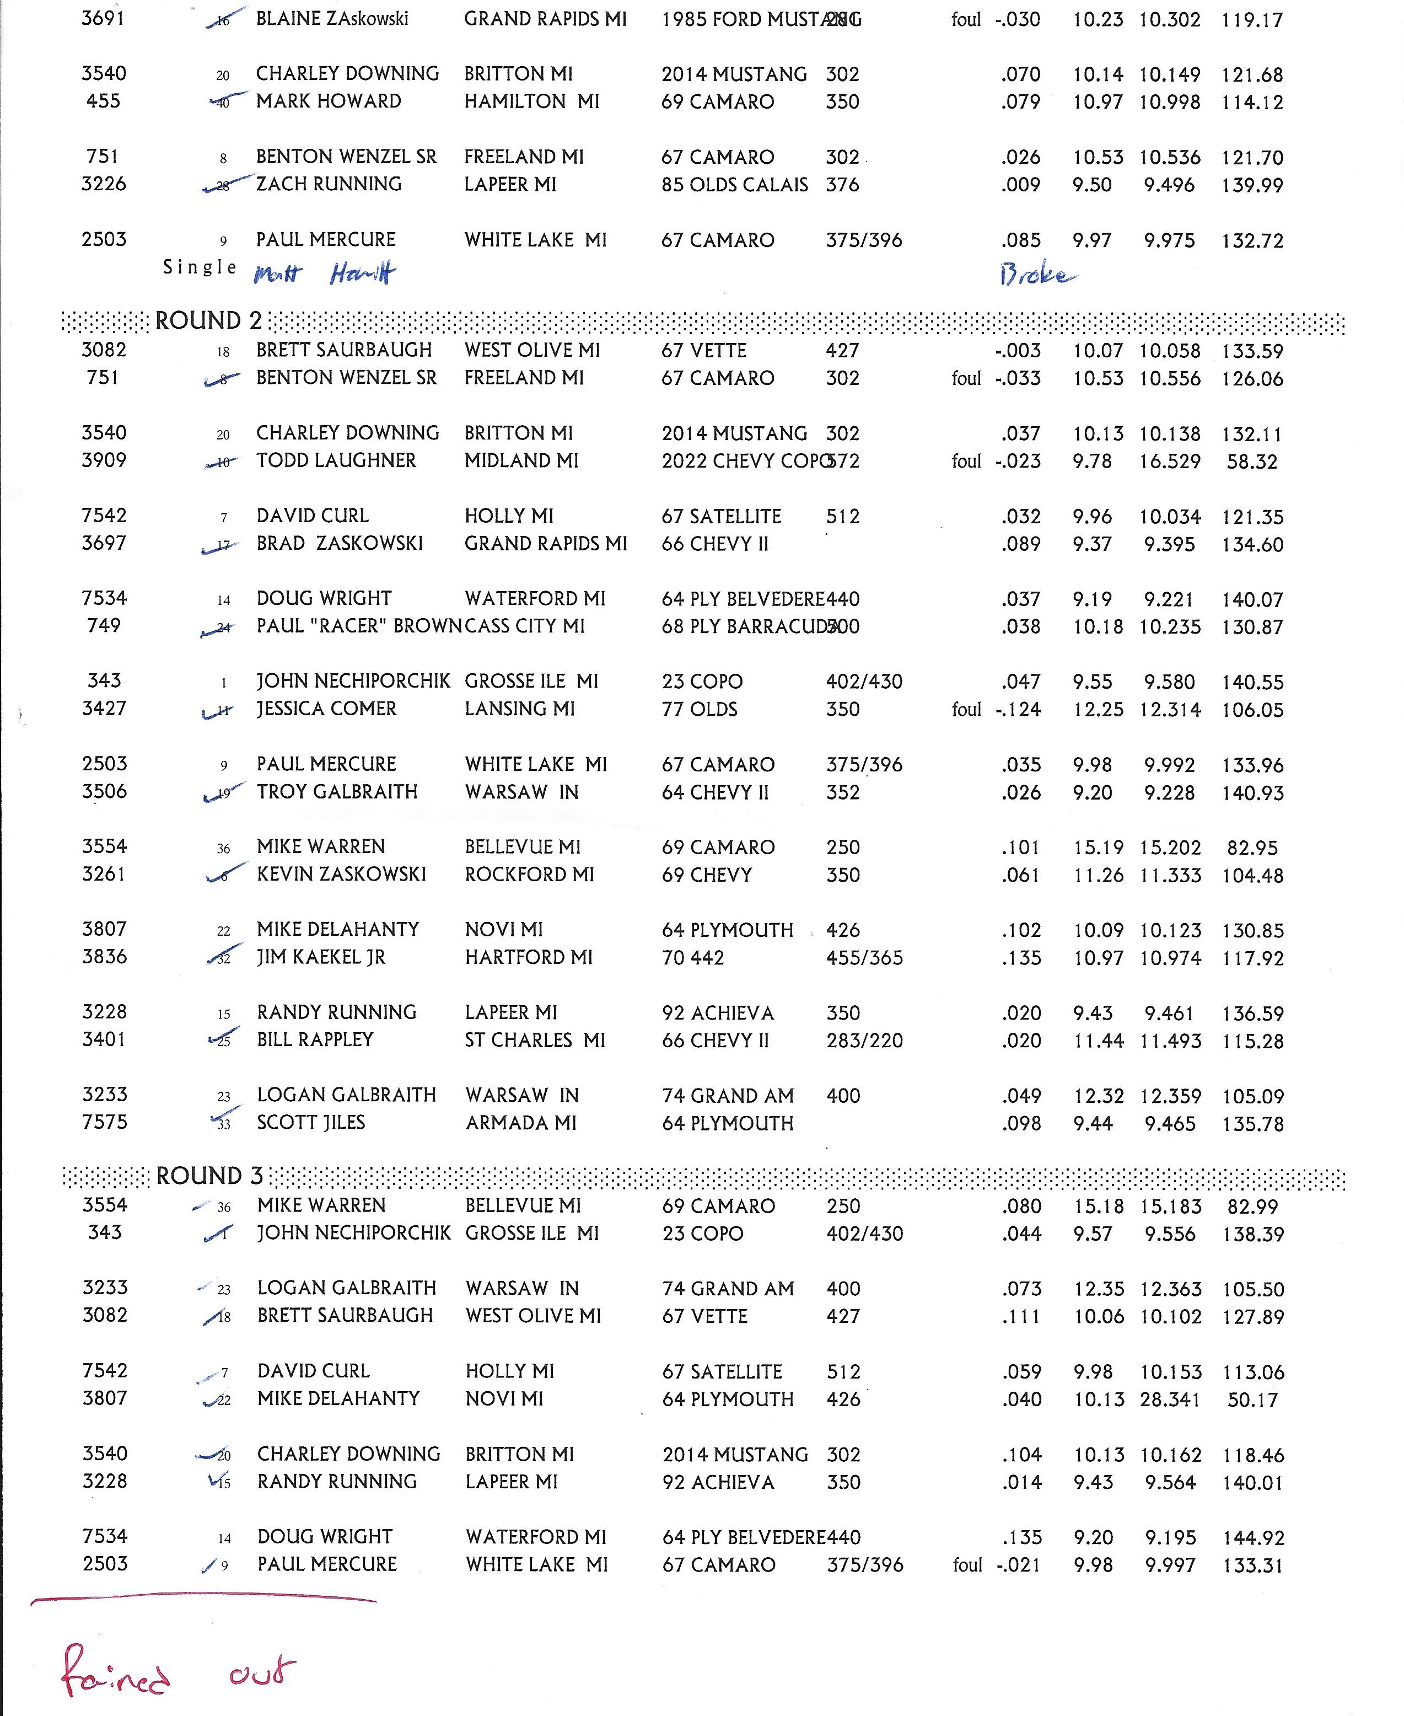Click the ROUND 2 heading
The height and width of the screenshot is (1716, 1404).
tap(209, 321)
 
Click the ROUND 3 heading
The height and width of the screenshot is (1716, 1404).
tap(209, 1176)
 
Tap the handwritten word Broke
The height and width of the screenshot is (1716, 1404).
tap(1037, 275)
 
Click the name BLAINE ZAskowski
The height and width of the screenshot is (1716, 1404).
tap(332, 19)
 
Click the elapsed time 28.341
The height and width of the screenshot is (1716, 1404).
tap(1170, 1399)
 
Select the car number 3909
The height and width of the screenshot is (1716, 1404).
tap(104, 460)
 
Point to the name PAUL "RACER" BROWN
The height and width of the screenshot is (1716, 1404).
tap(358, 626)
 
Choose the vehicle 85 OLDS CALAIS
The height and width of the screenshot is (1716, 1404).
tap(734, 185)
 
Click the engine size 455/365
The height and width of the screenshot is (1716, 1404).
tap(864, 958)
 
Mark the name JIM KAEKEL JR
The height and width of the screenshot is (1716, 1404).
tap(321, 957)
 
